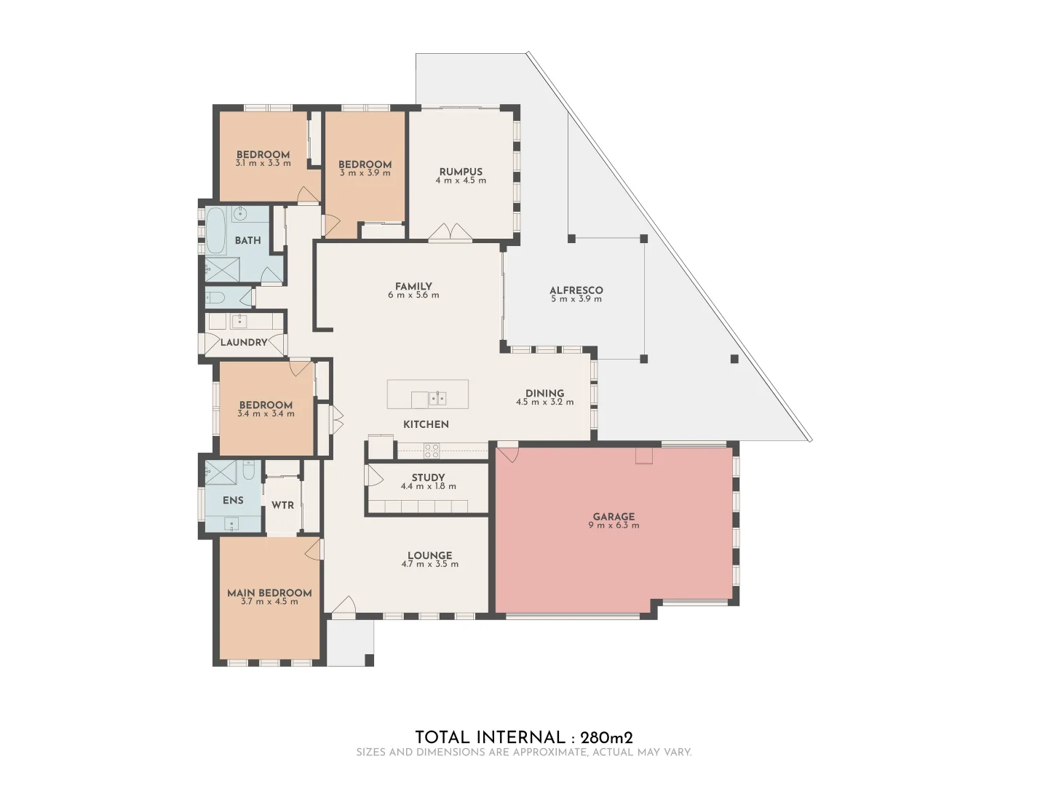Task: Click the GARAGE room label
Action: [x=614, y=517]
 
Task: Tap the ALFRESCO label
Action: [x=576, y=290]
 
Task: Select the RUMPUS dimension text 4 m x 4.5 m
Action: [x=461, y=180]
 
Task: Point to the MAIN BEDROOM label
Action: [x=269, y=593]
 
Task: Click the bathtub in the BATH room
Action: [x=216, y=231]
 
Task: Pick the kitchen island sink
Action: [x=437, y=398]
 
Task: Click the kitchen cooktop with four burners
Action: [x=431, y=451]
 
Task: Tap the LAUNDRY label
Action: [x=244, y=342]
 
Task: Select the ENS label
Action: [x=233, y=501]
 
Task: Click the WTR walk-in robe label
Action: [x=282, y=505]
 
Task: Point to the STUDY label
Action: [x=428, y=478]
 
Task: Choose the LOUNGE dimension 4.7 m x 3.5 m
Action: [x=429, y=564]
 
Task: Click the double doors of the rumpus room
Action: [x=450, y=232]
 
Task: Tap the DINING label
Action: [x=544, y=393]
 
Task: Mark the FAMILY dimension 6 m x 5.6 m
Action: [x=413, y=295]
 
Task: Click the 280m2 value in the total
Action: [x=601, y=737]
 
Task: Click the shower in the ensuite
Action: [x=221, y=473]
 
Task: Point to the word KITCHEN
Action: [x=426, y=424]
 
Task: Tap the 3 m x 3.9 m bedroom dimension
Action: [x=365, y=173]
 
